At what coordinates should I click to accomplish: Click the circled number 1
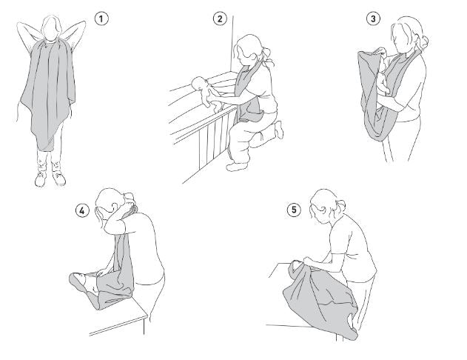(101, 19)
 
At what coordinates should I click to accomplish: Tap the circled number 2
(220, 19)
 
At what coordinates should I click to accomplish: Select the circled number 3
(373, 19)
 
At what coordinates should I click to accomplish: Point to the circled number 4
(82, 210)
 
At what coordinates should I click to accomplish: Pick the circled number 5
(294, 210)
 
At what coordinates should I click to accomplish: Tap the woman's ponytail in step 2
(267, 56)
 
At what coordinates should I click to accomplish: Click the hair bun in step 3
(424, 41)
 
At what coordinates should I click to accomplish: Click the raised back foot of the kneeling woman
(279, 129)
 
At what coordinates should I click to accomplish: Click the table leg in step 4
(144, 326)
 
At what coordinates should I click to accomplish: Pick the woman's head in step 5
(323, 206)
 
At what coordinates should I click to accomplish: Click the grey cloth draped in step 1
(48, 93)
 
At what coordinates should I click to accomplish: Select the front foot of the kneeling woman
(236, 166)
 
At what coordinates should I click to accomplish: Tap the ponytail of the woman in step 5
(341, 206)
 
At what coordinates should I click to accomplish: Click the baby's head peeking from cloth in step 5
(296, 264)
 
